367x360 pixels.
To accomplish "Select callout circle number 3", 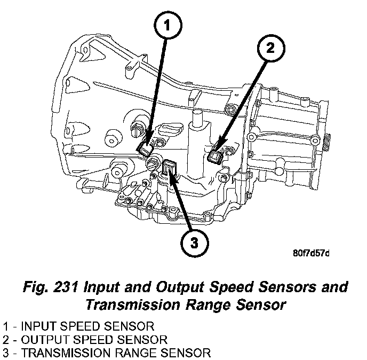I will [x=194, y=242].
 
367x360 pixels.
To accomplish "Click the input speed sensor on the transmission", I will [x=145, y=149].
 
